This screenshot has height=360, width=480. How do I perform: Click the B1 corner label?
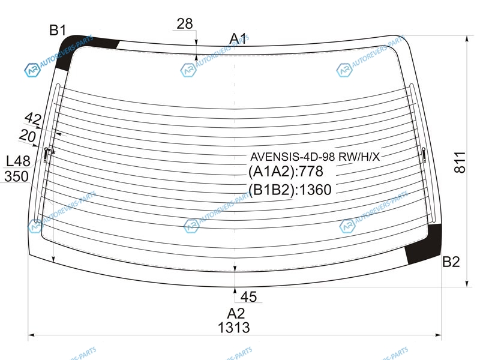[58, 31]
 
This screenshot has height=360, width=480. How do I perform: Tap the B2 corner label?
[451, 262]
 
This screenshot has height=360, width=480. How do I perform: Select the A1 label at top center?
[238, 38]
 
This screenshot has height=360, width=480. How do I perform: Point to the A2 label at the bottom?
[236, 313]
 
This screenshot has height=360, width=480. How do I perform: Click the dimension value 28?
[185, 23]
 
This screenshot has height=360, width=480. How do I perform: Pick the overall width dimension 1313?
[234, 328]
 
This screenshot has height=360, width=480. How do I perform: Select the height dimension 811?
[460, 162]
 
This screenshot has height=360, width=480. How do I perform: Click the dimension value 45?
[248, 296]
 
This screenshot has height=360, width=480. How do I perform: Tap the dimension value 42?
[33, 118]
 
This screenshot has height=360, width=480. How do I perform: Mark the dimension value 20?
[28, 136]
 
